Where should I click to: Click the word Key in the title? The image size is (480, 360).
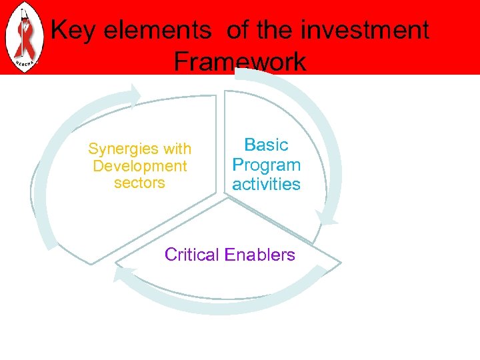(x=73, y=31)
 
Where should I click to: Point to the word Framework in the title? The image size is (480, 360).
(x=240, y=62)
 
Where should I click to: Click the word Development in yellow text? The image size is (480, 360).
(x=140, y=165)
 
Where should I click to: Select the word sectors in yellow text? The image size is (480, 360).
(x=139, y=183)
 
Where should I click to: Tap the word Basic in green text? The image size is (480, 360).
(x=266, y=145)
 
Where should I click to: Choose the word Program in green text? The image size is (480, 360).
(x=266, y=165)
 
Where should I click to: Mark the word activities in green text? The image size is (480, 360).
(x=266, y=184)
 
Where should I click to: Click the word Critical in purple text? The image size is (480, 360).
(x=192, y=255)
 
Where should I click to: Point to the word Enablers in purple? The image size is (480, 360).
(x=260, y=255)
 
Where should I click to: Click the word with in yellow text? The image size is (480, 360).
(x=177, y=149)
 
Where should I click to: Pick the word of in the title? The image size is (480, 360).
(x=238, y=31)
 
